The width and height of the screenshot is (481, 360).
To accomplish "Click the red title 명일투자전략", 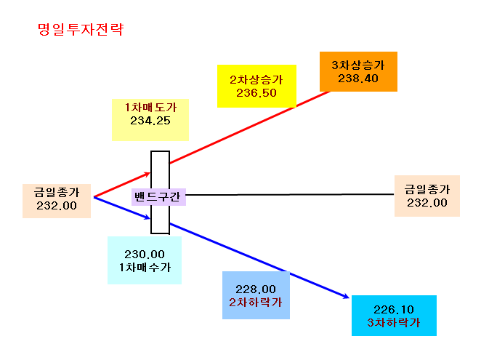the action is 81,30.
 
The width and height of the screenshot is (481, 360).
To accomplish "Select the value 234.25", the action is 150,121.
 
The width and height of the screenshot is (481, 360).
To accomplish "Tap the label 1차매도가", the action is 150,107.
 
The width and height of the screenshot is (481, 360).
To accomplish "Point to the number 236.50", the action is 256,93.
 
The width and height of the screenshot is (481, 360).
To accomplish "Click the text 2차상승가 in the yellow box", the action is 256,79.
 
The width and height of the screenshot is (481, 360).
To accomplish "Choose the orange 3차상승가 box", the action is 358,71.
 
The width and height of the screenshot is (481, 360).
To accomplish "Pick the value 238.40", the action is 358,79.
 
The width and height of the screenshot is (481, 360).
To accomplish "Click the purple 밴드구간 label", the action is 158,197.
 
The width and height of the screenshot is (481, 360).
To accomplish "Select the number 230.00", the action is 145,255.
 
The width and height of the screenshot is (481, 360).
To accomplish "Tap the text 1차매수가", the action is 145,267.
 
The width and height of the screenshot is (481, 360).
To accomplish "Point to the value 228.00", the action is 256,289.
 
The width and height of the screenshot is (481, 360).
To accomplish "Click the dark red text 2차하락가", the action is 256,303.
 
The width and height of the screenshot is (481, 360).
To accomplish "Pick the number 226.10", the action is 394,309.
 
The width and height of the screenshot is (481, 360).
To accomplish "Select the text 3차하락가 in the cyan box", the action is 394,322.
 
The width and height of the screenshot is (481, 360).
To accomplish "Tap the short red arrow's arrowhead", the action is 148,174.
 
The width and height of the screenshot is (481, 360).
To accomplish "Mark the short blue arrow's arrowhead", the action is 148,217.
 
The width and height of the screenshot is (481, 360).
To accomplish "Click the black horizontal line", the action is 290,194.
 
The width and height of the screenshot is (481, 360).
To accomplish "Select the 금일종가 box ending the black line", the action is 427,196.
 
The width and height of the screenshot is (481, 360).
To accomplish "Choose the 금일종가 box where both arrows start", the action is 57,201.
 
